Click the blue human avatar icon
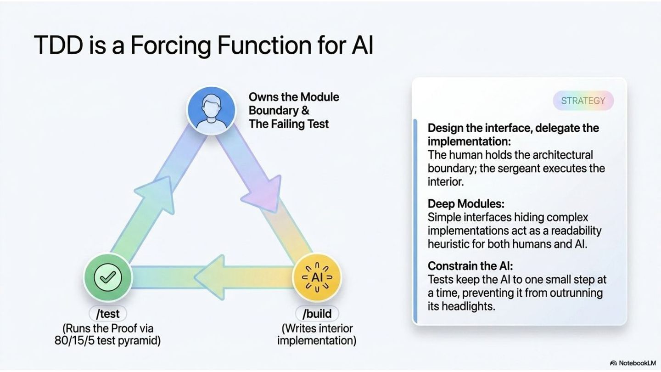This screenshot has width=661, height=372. (211, 110)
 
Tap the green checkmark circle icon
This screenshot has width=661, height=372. (108, 277)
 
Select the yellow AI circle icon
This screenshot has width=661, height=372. (317, 277)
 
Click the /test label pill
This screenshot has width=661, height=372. (108, 314)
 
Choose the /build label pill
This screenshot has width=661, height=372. (317, 314)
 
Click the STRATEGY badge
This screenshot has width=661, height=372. (583, 101)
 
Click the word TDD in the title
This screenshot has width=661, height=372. (58, 45)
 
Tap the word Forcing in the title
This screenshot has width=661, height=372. (171, 46)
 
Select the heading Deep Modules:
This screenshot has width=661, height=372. (466, 204)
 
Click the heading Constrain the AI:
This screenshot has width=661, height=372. (471, 266)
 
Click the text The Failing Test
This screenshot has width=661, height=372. (289, 124)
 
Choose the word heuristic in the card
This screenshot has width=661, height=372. (448, 244)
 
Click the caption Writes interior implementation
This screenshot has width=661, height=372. (317, 334)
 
